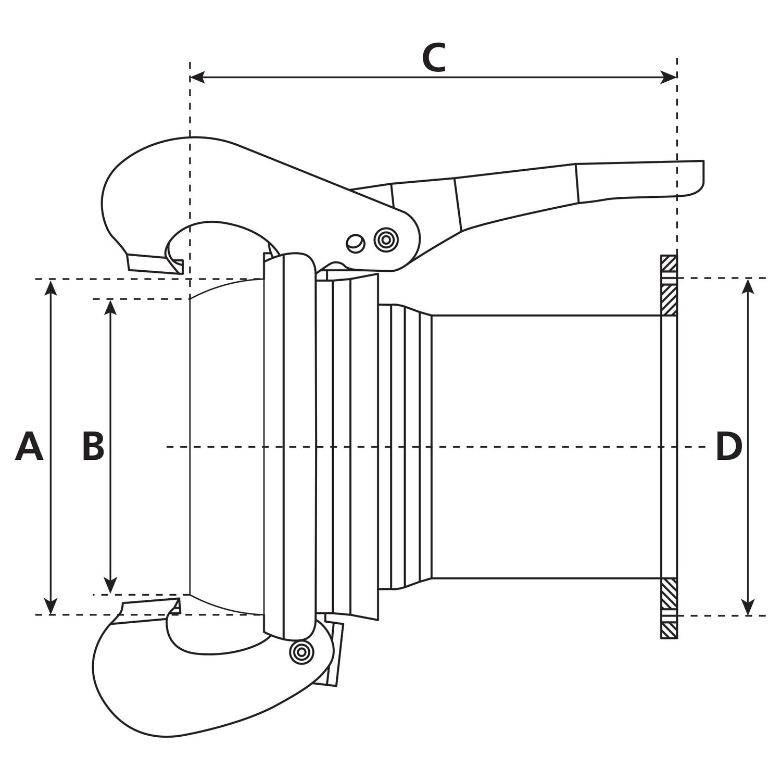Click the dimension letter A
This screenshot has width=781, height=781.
coord(29,447)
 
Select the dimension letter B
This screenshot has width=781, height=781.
coord(94,447)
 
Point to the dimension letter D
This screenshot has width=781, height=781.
coord(728,447)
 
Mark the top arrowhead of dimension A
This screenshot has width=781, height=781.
coord(51,286)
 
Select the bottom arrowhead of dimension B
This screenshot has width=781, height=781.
coord(110,586)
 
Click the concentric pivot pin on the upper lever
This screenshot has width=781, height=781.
coord(385,240)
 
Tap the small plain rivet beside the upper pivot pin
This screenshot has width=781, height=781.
coord(355,243)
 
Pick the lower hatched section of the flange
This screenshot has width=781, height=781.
coord(669,608)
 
